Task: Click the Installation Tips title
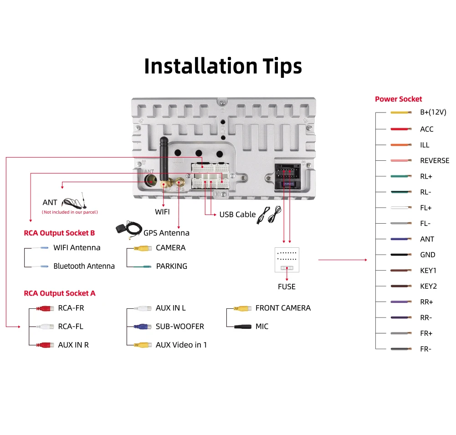point(223,66)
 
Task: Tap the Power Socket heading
point(398,99)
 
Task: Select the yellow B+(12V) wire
point(401,113)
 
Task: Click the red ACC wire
point(401,129)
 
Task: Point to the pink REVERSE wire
point(401,161)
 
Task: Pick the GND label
point(427,255)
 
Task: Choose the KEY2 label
point(428,287)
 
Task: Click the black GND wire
point(401,255)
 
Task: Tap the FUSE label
point(287,287)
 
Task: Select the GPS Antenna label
point(166,233)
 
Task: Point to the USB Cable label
point(237,215)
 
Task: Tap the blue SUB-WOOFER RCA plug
point(143,327)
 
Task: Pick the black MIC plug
point(243,327)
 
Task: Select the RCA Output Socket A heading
point(60,293)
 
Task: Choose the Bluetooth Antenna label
point(84,266)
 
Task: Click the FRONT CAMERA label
point(283,308)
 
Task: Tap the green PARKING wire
point(143,266)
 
